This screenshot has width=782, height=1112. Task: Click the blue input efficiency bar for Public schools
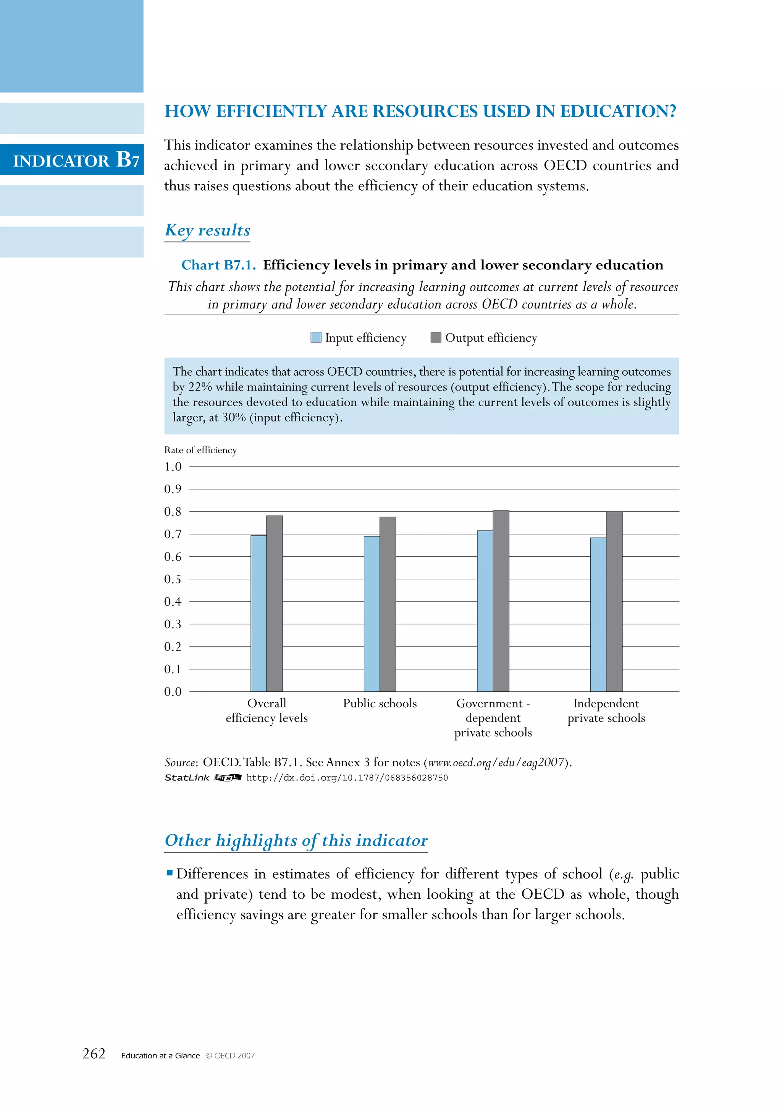click(x=371, y=614)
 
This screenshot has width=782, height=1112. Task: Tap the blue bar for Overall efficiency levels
click(x=259, y=613)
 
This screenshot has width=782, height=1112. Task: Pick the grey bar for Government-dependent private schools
click(x=501, y=601)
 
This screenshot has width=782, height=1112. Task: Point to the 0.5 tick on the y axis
click(x=172, y=579)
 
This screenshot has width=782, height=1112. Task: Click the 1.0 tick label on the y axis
click(x=172, y=467)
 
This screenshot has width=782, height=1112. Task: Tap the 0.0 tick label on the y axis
click(x=172, y=692)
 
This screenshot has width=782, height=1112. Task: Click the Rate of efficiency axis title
click(x=200, y=450)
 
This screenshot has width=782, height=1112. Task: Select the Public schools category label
click(x=380, y=703)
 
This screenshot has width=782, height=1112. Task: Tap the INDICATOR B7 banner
click(x=76, y=160)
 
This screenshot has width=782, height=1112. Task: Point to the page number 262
click(x=94, y=1054)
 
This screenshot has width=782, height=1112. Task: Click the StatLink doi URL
click(x=347, y=778)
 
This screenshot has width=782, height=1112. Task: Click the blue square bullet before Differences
click(x=170, y=873)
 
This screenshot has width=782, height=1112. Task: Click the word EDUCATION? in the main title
click(x=618, y=112)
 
